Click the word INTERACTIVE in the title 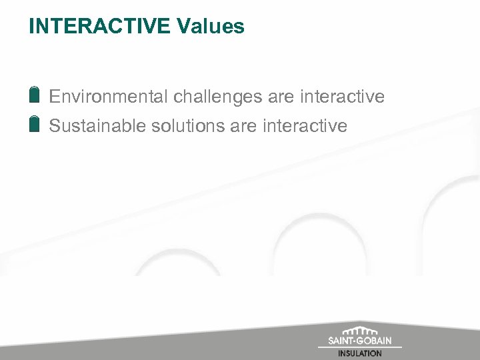[100, 27]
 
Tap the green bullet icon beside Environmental [35, 95]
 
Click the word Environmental [109, 97]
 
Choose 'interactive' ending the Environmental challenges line [343, 97]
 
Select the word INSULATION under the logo [360, 354]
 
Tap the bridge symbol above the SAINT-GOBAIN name [360, 331]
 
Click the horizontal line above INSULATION [360, 347]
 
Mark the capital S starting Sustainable [55, 126]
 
